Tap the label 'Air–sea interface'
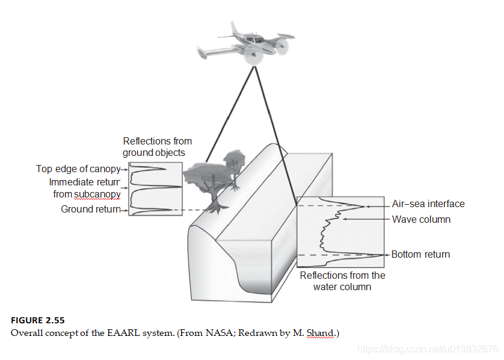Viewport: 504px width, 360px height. [x=428, y=204]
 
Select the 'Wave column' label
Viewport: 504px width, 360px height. [x=421, y=220]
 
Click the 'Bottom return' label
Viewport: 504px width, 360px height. [x=420, y=255]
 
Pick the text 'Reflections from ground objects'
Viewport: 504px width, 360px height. [x=157, y=147]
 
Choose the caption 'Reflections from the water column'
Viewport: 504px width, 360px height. [x=342, y=281]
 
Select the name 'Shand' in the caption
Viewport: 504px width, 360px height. [x=320, y=332]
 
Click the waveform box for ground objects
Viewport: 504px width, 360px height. [x=155, y=188]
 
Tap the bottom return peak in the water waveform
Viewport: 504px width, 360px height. [x=379, y=255]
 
